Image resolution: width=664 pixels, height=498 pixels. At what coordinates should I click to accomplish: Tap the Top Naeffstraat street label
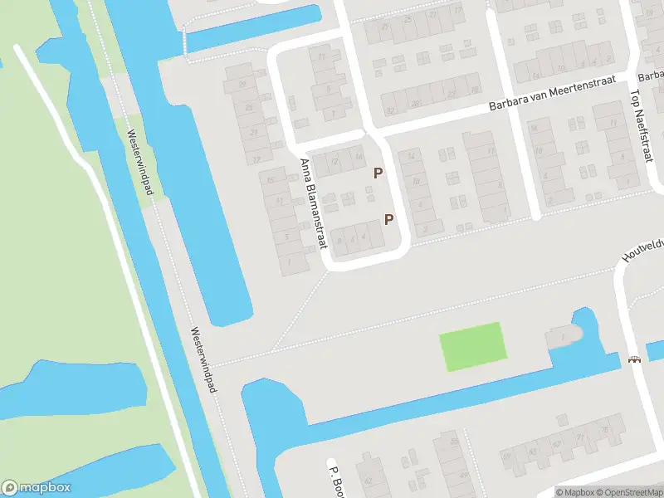point(639,124)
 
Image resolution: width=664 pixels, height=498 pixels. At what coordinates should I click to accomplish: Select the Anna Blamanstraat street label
point(314,203)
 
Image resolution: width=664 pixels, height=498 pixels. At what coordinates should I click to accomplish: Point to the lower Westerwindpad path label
point(202,359)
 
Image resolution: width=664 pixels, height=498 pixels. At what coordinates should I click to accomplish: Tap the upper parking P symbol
point(378,173)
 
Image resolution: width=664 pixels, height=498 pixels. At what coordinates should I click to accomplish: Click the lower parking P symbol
point(388,219)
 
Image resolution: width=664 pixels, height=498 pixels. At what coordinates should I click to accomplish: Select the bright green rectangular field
point(471,346)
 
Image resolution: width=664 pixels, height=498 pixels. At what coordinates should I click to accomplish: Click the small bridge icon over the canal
point(636,359)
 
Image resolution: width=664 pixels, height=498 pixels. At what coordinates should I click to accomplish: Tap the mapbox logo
point(37,488)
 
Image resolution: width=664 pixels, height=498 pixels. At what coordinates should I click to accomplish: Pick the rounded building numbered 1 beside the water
point(563,336)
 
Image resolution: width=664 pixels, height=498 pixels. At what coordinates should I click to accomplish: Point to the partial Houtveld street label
point(641,249)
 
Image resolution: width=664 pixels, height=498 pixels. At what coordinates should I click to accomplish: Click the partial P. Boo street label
point(336,479)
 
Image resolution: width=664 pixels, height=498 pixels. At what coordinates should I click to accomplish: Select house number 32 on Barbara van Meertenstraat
point(391,110)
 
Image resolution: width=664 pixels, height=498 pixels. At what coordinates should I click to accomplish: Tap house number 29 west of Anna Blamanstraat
point(243,85)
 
